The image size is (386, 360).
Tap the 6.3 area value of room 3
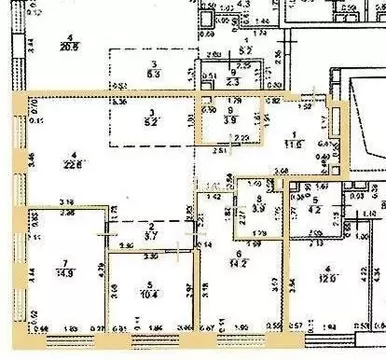pyautogui.click(x=153, y=73)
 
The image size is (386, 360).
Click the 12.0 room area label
pyautogui.click(x=331, y=277)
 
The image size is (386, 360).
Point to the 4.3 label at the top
pyautogui.click(x=244, y=4)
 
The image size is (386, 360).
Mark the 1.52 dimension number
pyautogui.click(x=305, y=104)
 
